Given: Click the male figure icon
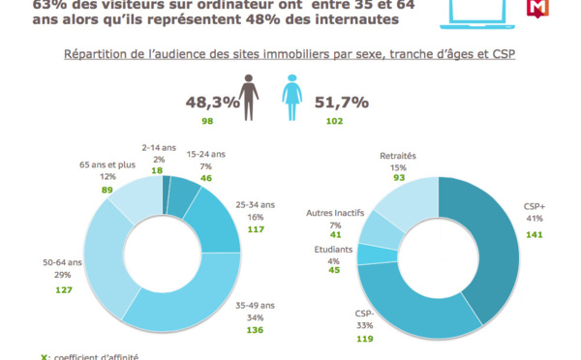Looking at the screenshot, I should pyautogui.click(x=250, y=100).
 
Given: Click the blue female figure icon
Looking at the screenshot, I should pyautogui.click(x=289, y=100).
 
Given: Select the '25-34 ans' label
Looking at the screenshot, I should pyautogui.click(x=257, y=204).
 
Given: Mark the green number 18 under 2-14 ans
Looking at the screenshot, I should pyautogui.click(x=156, y=169).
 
